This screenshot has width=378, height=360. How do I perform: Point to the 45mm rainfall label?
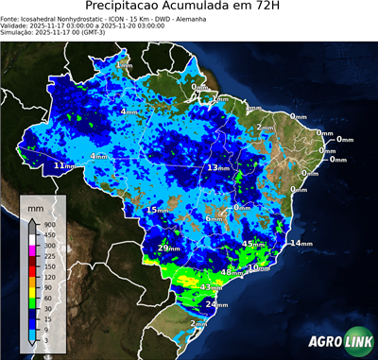(253, 245)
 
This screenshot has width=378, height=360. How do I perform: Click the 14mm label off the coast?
(301, 244)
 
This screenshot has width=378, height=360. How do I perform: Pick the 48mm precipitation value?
(231, 272)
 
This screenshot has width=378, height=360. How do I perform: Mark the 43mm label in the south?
(211, 286)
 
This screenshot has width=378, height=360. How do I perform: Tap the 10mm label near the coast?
(258, 268)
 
